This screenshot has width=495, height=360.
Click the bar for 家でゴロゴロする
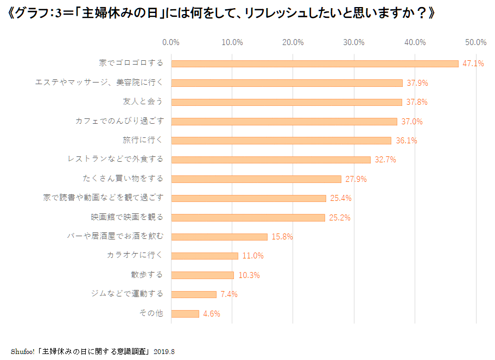[x=315, y=64]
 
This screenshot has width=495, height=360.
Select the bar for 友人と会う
[x=287, y=102]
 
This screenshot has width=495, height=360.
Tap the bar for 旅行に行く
[x=281, y=141]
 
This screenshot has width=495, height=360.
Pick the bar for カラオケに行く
[x=205, y=256]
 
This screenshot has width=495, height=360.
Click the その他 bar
[x=185, y=313]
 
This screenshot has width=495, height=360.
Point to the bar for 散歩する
[x=202, y=275]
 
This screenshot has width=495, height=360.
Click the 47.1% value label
[x=473, y=64]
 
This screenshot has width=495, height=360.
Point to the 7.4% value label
[x=229, y=294]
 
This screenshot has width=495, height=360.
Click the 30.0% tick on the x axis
[x=354, y=42]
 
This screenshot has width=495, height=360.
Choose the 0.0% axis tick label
[x=171, y=42]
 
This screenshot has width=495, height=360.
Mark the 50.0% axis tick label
[x=476, y=42]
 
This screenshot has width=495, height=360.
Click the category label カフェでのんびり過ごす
[x=119, y=121]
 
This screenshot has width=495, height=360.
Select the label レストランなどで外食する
[x=115, y=159]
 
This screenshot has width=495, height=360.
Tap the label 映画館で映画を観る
[x=126, y=217]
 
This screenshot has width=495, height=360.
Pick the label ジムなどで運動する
[x=126, y=294]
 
